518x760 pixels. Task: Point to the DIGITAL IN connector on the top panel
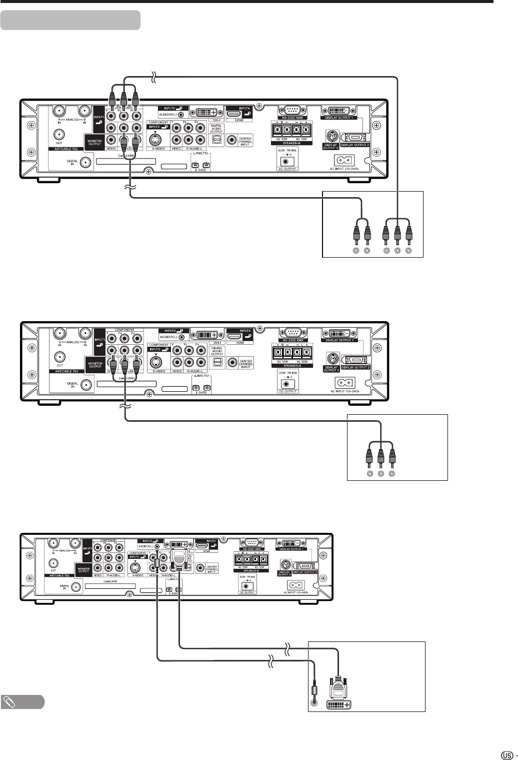coord(86,162)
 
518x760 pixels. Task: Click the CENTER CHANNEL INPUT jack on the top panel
coord(232,141)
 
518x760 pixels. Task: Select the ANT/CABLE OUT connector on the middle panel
coord(59,357)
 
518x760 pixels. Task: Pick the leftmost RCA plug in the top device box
coord(355,233)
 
